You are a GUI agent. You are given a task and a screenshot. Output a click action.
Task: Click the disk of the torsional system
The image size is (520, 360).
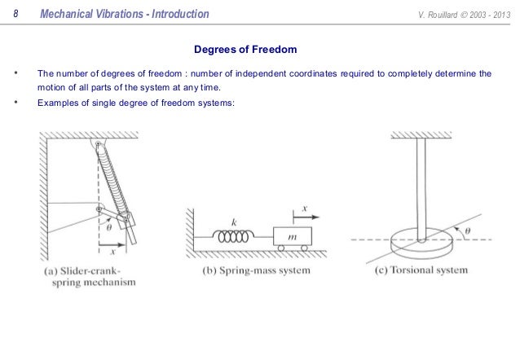[x=421, y=243]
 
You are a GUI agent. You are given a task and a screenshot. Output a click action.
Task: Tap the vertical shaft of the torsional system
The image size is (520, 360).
[x=421, y=187]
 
